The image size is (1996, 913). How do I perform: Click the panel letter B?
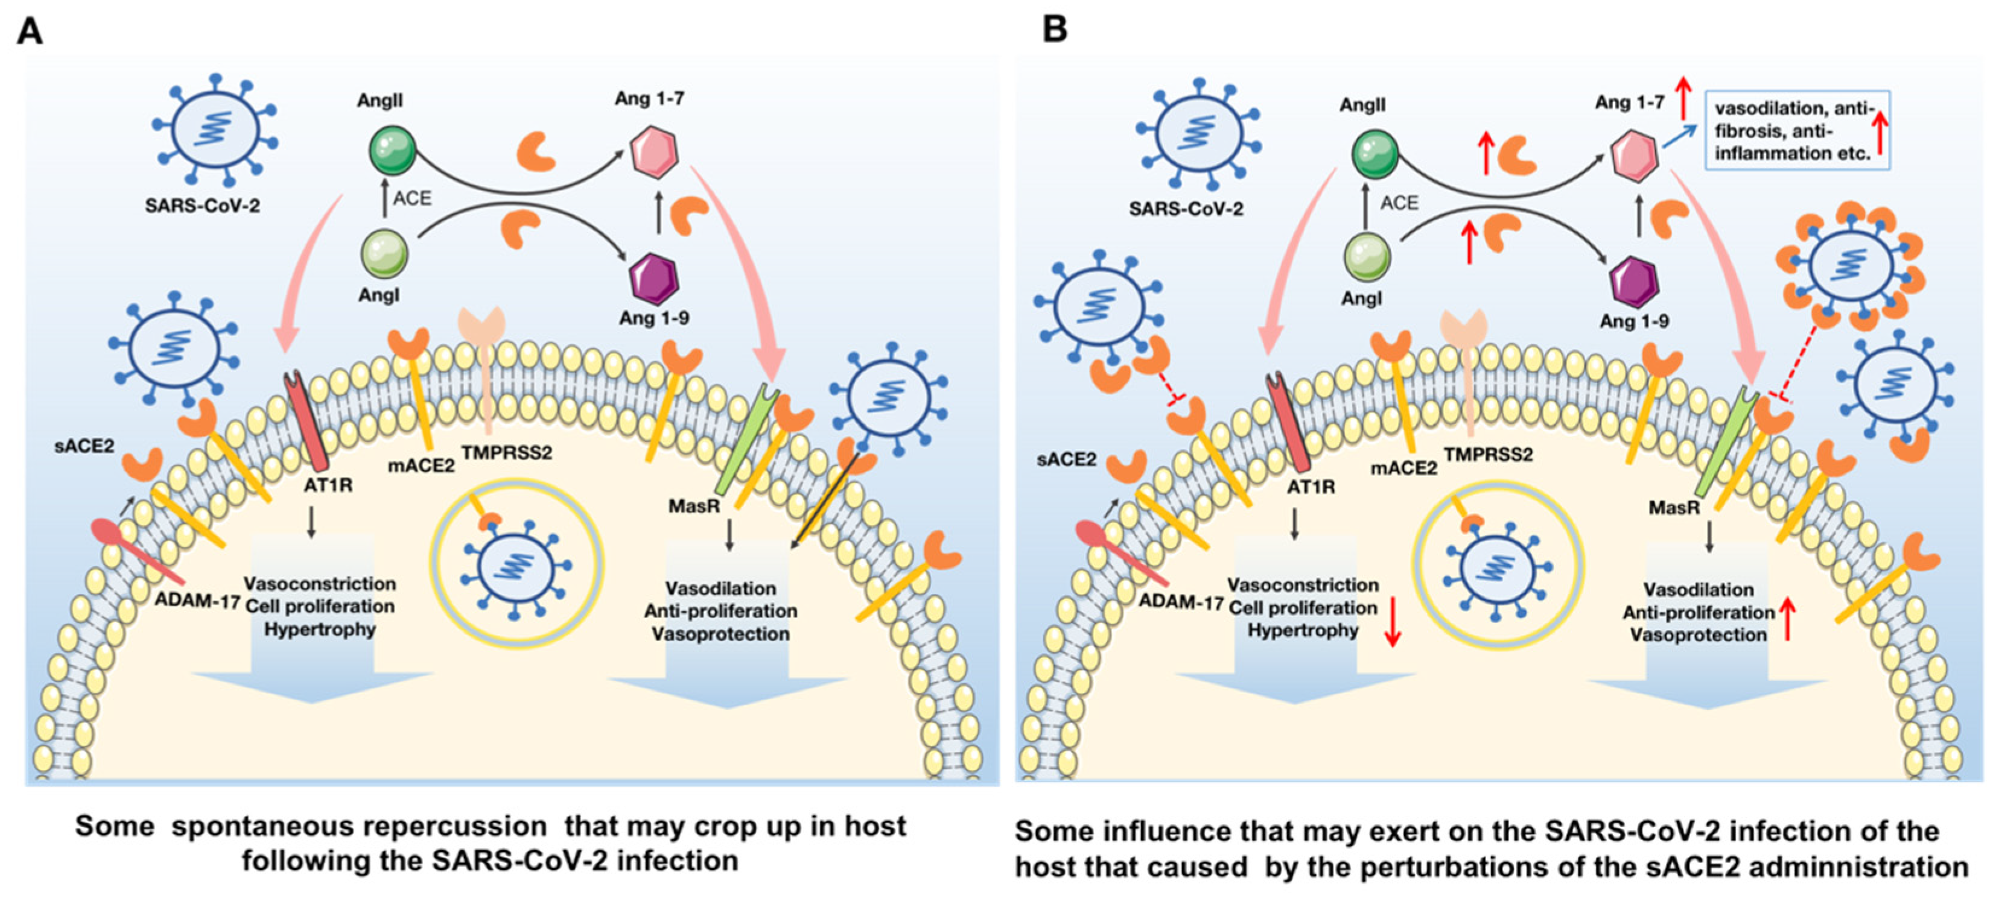coord(1055,30)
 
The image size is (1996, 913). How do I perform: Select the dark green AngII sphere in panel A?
coord(393,150)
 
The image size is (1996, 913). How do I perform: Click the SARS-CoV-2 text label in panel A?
coord(202,206)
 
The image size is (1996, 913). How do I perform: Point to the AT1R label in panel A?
coord(328,485)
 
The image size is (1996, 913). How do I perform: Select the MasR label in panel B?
coord(1674,508)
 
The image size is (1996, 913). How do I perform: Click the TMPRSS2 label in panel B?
coord(1488,455)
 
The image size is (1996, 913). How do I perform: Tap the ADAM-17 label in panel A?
coord(197,600)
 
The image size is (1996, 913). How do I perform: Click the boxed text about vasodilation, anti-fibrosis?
coord(1797,130)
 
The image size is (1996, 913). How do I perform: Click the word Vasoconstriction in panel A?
coord(320,584)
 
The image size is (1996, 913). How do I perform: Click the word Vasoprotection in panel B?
coord(1699,635)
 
